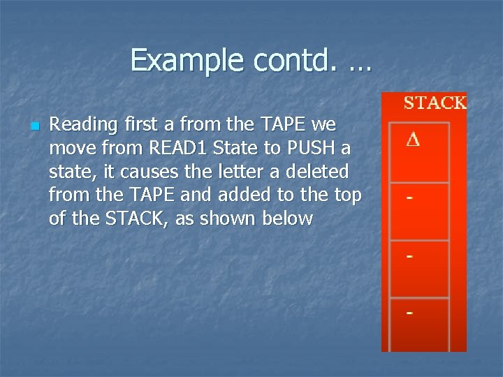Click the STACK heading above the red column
point(435,103)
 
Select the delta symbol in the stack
point(413,140)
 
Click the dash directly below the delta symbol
point(410,198)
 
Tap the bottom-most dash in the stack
point(410,313)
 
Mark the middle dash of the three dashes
point(410,256)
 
